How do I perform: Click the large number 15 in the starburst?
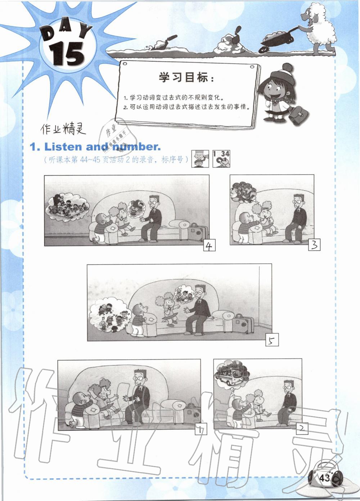click(67, 54)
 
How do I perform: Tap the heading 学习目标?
click(183, 77)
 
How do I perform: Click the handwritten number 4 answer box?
click(209, 245)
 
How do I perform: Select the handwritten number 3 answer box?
click(314, 245)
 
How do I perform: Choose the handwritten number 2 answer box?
click(302, 429)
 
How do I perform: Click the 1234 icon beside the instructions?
click(221, 158)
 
